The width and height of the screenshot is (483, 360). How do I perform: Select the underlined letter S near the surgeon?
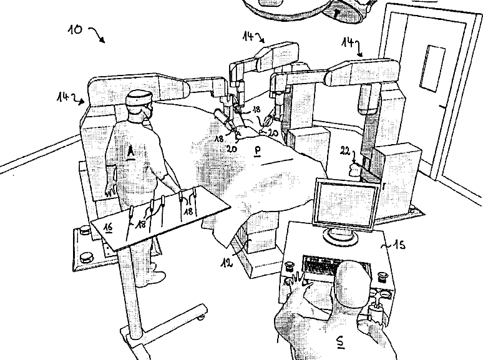coord(339,341)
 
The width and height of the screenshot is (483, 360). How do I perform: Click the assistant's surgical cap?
coord(138,98)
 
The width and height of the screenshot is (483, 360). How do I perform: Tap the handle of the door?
coord(444,108)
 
